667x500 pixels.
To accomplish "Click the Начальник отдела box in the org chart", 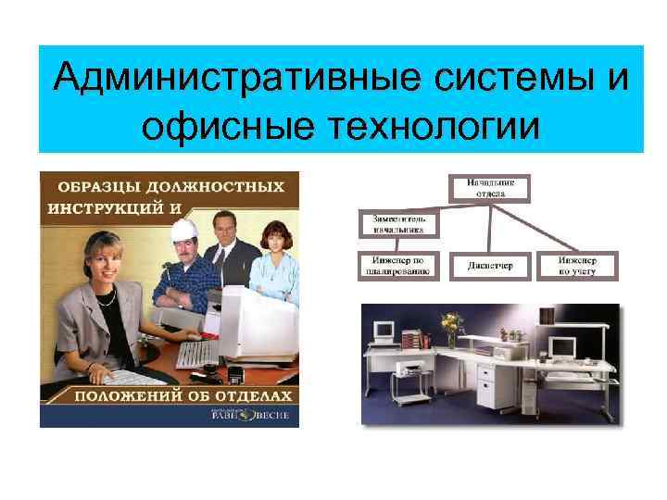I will coord(491,189).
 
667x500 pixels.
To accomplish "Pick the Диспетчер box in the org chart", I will coord(491,267).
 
